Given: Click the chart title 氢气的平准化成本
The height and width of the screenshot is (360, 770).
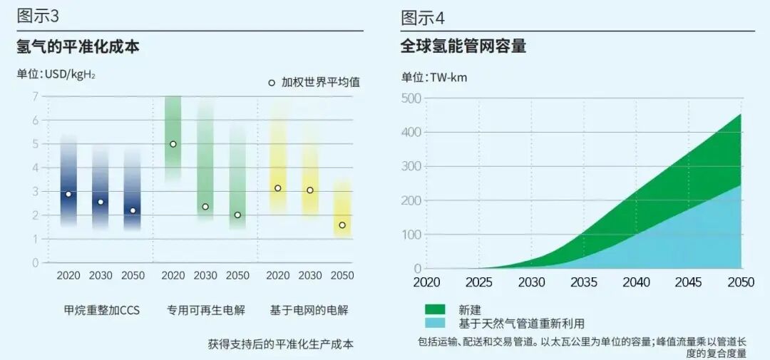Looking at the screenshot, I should tap(78, 48).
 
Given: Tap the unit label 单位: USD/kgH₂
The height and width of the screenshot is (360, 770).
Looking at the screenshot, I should tap(56, 74).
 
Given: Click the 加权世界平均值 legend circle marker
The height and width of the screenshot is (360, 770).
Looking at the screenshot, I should tap(272, 83).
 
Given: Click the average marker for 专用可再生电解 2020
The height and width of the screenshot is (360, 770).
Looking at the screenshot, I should tap(173, 144).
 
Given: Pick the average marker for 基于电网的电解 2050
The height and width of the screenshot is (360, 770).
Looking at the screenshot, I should tap(342, 225).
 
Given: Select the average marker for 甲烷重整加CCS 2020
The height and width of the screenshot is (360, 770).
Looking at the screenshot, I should tap(68, 194).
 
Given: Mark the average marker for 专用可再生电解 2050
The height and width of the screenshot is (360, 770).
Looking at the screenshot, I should tap(237, 215).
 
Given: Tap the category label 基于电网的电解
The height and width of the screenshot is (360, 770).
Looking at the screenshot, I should tap(309, 310).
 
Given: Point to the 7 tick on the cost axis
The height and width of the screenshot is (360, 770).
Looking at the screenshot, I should tap(35, 97).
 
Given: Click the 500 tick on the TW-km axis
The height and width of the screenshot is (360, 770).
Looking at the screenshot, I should tap(414, 98).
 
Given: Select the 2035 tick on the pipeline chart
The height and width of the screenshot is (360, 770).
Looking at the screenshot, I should tap(584, 282).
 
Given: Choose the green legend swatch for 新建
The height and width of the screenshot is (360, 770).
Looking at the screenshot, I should tap(435, 309).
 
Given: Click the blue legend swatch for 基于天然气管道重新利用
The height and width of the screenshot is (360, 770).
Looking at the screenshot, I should tap(435, 323).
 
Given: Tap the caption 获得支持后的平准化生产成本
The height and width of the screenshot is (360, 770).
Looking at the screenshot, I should tap(281, 344).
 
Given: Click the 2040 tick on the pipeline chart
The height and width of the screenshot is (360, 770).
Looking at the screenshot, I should tap(636, 282).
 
